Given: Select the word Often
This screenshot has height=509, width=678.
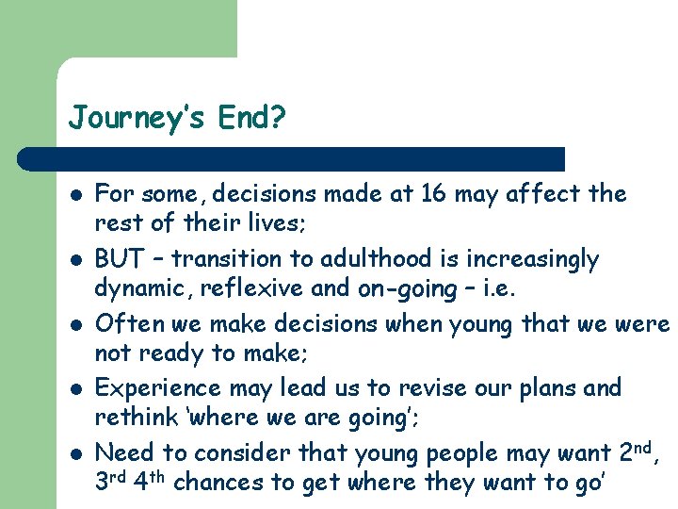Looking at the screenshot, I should pos(126,324).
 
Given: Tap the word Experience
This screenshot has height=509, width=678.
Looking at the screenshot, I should pos(151,388).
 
